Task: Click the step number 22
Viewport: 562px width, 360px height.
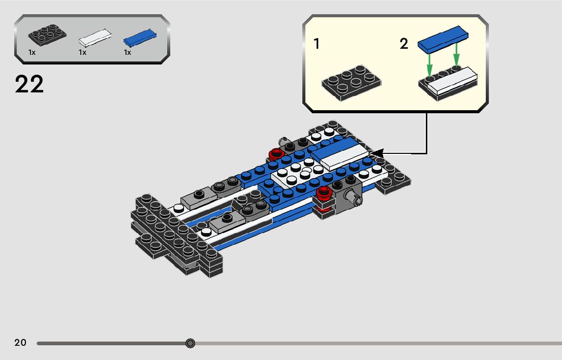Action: pyautogui.click(x=29, y=85)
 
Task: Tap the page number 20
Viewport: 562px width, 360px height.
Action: pyautogui.click(x=20, y=343)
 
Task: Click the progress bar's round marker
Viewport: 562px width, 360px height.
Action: pyautogui.click(x=190, y=343)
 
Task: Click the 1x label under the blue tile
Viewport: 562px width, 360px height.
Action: pyautogui.click(x=128, y=52)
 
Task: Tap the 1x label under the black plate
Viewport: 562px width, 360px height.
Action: pyautogui.click(x=32, y=52)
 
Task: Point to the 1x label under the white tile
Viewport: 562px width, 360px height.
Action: pyautogui.click(x=82, y=52)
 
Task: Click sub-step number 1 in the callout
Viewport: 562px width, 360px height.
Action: pyautogui.click(x=317, y=44)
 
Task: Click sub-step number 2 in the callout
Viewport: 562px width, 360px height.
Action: pyautogui.click(x=404, y=44)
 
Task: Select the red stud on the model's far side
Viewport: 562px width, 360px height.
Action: pyautogui.click(x=276, y=153)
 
